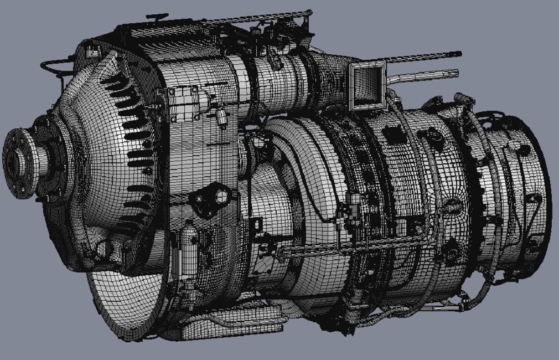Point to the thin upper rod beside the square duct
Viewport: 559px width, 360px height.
(421, 57)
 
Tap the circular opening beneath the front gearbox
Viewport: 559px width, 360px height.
(105, 249)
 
